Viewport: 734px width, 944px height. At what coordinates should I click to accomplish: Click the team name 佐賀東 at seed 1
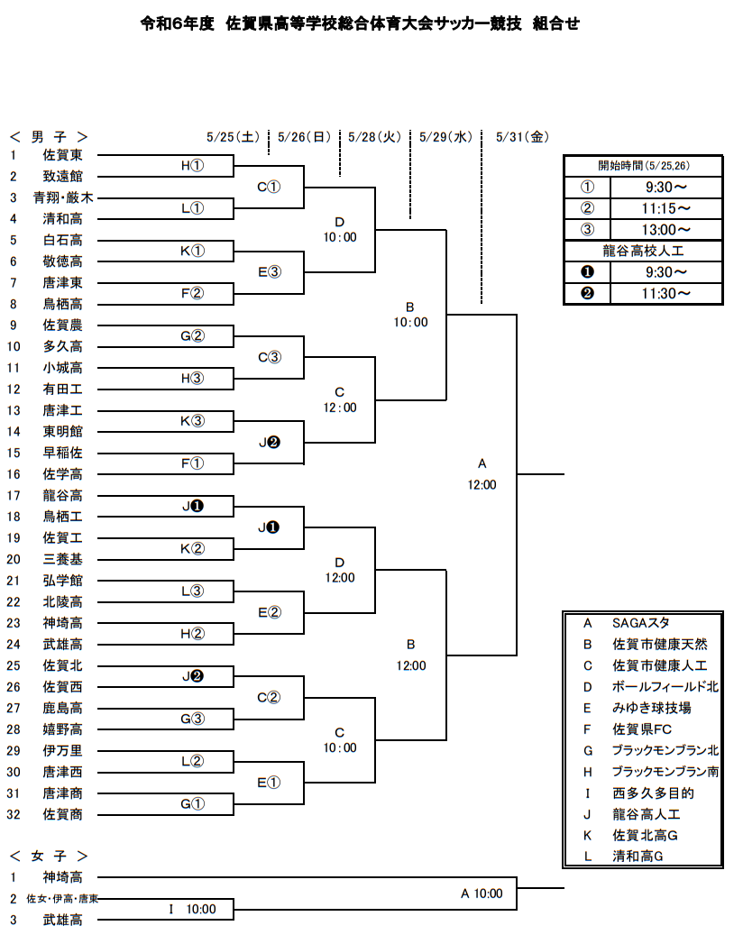click(62, 155)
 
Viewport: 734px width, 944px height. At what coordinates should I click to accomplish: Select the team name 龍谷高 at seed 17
click(62, 496)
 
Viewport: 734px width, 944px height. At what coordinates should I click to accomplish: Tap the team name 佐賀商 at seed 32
click(62, 814)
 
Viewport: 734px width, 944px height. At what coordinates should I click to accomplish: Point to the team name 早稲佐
click(62, 453)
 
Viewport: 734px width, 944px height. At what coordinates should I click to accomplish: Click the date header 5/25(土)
click(233, 137)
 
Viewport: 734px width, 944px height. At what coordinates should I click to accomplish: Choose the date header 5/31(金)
click(523, 137)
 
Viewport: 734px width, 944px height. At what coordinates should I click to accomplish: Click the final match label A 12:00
click(482, 474)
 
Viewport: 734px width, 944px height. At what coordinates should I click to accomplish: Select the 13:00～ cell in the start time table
click(666, 229)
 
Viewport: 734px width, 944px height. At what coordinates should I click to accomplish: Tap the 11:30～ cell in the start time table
click(666, 293)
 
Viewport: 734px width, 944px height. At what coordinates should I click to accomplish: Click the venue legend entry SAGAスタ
click(640, 623)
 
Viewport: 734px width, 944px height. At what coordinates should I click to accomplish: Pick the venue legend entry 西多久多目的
click(654, 793)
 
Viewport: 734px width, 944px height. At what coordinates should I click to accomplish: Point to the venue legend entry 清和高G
click(638, 857)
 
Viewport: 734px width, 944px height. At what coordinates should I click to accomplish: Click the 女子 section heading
click(49, 857)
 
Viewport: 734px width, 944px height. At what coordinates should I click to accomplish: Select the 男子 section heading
click(49, 137)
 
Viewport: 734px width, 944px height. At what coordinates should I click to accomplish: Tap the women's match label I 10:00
click(192, 909)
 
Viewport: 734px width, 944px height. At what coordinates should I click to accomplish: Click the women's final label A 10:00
click(482, 894)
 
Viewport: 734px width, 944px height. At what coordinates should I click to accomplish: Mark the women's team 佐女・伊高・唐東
click(62, 899)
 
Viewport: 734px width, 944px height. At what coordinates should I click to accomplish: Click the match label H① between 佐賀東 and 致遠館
click(192, 166)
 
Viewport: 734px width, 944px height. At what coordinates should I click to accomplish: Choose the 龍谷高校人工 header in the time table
click(643, 251)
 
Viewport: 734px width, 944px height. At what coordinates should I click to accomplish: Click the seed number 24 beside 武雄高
click(14, 645)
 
